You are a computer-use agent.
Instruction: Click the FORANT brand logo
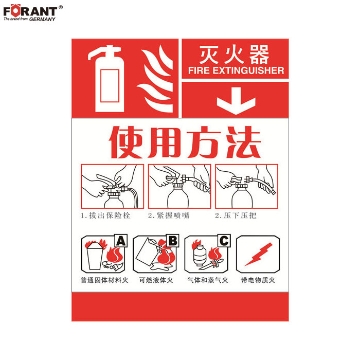coord(30,13)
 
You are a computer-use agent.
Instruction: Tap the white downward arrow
coord(236,101)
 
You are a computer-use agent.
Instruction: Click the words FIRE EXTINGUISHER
coord(236,70)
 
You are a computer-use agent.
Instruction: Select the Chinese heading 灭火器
coord(234,55)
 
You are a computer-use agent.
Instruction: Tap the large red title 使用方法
coord(185,142)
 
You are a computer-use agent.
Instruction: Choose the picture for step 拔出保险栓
coord(113,186)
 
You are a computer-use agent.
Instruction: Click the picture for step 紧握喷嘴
coord(179,186)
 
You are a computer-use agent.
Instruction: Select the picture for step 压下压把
coord(246,186)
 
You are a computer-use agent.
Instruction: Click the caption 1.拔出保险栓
coord(105,215)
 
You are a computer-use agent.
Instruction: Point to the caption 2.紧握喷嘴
coord(169,215)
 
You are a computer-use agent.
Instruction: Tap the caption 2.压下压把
coord(236,215)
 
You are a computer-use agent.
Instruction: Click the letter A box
coord(121,241)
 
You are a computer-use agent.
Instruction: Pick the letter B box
coord(173,241)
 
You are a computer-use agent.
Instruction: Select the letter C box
coord(224,241)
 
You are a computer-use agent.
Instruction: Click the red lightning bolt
coord(259,255)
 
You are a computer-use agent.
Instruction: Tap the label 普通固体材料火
coord(104,280)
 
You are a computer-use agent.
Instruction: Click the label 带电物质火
coord(258,280)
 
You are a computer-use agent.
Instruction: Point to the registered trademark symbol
coord(61,7)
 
